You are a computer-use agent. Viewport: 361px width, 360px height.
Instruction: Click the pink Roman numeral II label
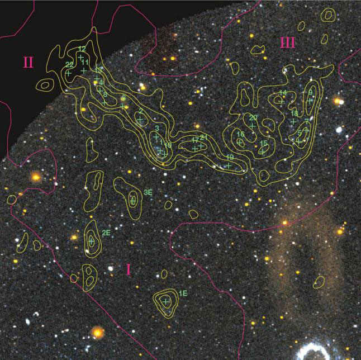(x=28, y=61)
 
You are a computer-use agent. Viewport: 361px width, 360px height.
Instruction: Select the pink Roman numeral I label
(x=129, y=270)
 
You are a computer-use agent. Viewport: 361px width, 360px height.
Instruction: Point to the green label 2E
(x=106, y=233)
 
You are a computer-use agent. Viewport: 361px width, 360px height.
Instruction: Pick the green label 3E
(x=148, y=192)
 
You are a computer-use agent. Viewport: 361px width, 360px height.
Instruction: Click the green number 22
(x=69, y=65)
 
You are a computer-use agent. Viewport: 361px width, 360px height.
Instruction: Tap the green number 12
(x=82, y=50)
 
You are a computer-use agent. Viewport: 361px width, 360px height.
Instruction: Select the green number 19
(x=229, y=157)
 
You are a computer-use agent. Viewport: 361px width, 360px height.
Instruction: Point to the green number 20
(x=253, y=118)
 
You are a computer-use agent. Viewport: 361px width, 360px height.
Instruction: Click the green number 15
(x=264, y=144)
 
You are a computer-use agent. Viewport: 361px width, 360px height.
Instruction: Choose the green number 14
(x=282, y=93)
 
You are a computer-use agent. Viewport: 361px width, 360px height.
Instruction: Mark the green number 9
(x=311, y=92)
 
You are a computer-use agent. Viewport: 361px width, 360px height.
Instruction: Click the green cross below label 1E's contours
(x=165, y=301)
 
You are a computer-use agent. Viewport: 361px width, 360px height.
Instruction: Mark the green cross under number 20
(x=253, y=126)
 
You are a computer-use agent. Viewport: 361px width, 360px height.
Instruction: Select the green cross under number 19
(x=229, y=165)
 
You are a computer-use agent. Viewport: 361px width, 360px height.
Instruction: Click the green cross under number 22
(x=68, y=73)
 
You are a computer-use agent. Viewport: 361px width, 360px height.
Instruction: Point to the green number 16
(x=240, y=134)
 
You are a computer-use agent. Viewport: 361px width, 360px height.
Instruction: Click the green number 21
(x=203, y=138)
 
